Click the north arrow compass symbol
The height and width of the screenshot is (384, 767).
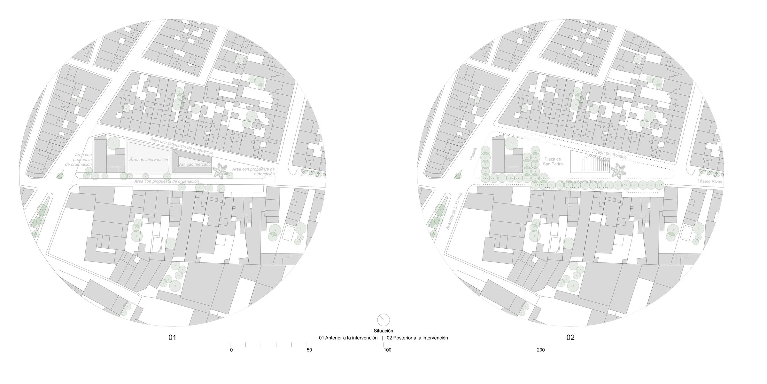coord(383,319)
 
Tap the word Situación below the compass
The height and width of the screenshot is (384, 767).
coord(383,331)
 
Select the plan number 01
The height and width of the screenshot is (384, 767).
coord(172,337)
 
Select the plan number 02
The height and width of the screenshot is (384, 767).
coord(570,337)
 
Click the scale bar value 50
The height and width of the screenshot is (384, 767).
coord(309,350)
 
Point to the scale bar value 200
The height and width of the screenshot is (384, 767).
coord(541,350)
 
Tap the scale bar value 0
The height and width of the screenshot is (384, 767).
coord(231,350)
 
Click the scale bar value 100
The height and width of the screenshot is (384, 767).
coord(387,350)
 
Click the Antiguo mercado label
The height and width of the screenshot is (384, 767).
coord(195,164)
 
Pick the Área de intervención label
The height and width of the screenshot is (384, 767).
coord(149,159)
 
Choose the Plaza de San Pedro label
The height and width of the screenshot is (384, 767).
coord(553,162)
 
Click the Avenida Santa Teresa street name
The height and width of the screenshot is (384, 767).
coord(581,182)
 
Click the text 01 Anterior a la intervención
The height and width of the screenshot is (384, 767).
coord(348,338)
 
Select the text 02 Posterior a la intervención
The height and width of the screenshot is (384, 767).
coord(417,338)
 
